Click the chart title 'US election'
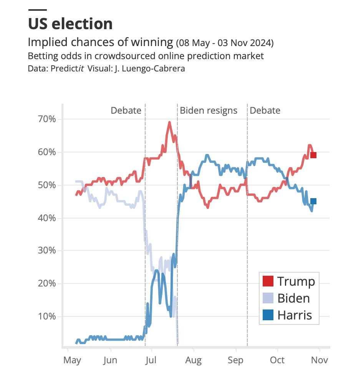pyautogui.click(x=70, y=24)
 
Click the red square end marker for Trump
pyautogui.click(x=313, y=155)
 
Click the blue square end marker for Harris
pyautogui.click(x=313, y=201)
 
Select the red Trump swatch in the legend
pyautogui.click(x=268, y=281)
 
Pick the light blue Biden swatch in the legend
pyautogui.click(x=268, y=298)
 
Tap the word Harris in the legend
pyautogui.click(x=295, y=315)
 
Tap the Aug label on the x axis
pyautogui.click(x=194, y=361)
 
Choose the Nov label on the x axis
pyautogui.click(x=319, y=361)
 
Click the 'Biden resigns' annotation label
pyautogui.click(x=209, y=111)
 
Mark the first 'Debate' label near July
pyautogui.click(x=126, y=111)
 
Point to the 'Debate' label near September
pyautogui.click(x=265, y=111)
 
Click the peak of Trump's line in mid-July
pyautogui.click(x=169, y=122)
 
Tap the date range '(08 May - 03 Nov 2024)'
pyautogui.click(x=225, y=43)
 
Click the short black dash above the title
pyautogui.click(x=38, y=10)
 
